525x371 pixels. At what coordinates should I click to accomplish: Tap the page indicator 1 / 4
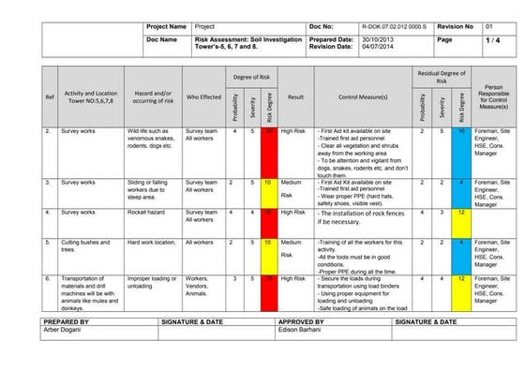(492, 41)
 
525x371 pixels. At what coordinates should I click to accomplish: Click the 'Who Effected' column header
(203, 96)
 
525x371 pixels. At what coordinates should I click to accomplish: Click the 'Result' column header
(295, 96)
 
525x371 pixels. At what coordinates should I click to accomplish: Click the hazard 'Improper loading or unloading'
(152, 283)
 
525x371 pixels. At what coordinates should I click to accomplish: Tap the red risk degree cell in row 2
(268, 132)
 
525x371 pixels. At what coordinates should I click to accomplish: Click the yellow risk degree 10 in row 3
(268, 183)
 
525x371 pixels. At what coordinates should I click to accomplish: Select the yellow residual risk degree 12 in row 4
(461, 213)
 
